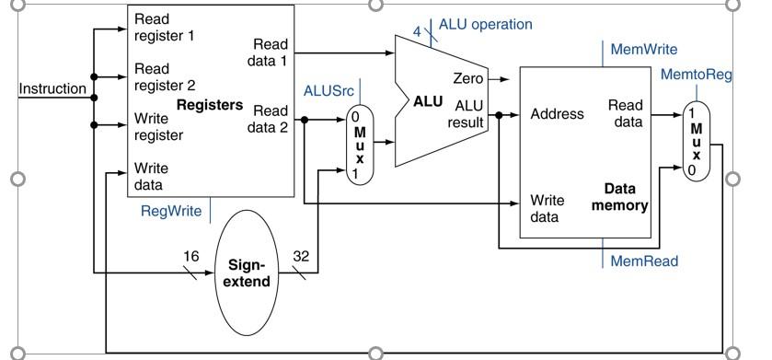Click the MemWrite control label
[644, 49]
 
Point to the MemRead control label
[644, 261]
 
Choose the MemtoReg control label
[696, 75]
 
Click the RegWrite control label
[171, 211]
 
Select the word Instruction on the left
[52, 89]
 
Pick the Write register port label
[159, 127]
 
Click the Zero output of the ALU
[468, 79]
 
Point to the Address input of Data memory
[557, 115]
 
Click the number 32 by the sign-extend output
[301, 255]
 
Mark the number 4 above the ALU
[417, 31]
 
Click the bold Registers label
[209, 105]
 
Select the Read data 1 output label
[270, 52]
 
